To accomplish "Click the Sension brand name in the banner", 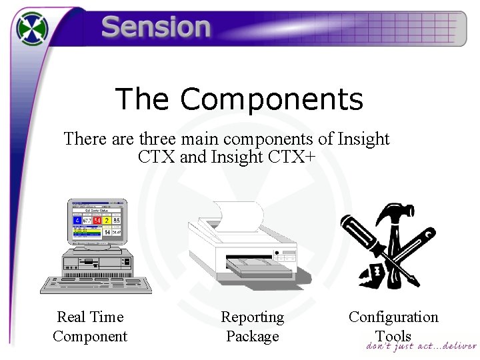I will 156,27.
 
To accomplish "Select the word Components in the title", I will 271,99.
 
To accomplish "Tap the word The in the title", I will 142,99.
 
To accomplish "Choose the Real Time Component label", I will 90,327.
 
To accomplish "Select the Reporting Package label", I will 252,327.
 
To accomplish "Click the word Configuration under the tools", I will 393,317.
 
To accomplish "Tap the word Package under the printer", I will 252,337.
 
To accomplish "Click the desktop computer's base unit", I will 96,263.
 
